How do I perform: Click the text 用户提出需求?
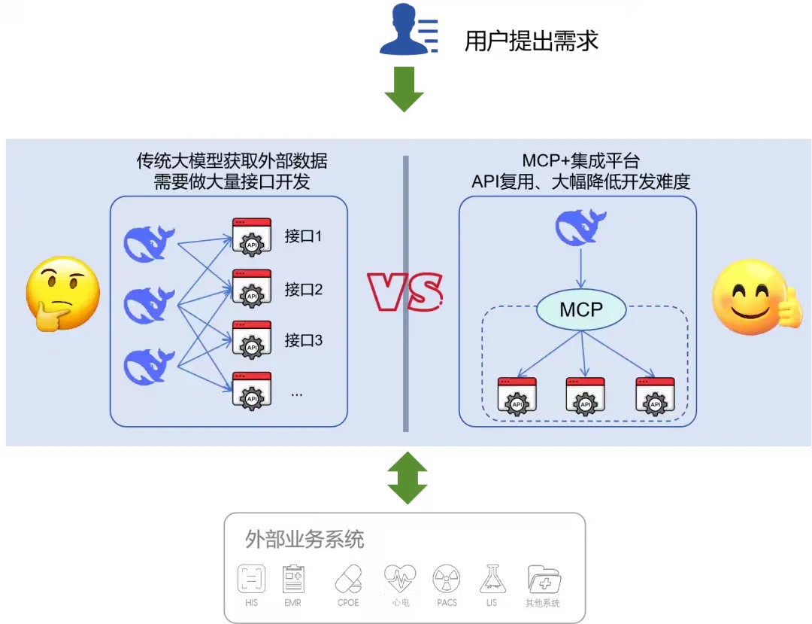pyautogui.click(x=531, y=41)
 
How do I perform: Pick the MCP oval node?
pyautogui.click(x=581, y=309)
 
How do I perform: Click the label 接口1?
pyautogui.click(x=304, y=236)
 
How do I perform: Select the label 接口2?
pyautogui.click(x=304, y=289)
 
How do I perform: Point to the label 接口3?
pyautogui.click(x=304, y=340)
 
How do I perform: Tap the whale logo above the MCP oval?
pyautogui.click(x=580, y=227)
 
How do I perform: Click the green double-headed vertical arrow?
pyautogui.click(x=407, y=477)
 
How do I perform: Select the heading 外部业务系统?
pyautogui.click(x=304, y=539)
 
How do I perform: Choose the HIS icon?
pyautogui.click(x=251, y=580)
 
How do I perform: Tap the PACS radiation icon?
pyautogui.click(x=447, y=580)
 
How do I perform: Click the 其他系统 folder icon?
pyautogui.click(x=544, y=580)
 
